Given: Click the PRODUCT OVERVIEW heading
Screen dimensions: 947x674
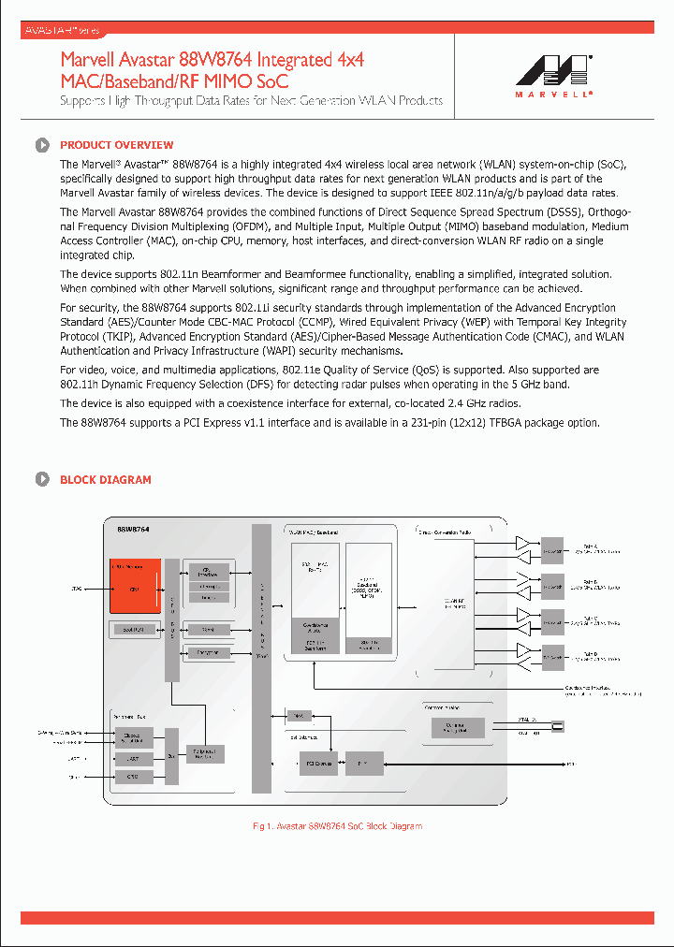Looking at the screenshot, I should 116,145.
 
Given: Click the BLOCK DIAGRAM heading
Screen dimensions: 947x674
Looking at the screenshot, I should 105,480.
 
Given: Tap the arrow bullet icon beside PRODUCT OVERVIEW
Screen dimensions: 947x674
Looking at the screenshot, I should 42,145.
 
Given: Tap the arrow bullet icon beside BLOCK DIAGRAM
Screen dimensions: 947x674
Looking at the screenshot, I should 42,480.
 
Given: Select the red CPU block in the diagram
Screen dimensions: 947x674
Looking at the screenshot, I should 135,588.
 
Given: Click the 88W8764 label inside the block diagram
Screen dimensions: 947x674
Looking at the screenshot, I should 133,530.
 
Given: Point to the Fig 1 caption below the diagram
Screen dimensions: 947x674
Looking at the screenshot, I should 337,826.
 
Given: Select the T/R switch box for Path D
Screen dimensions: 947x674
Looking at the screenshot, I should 553,656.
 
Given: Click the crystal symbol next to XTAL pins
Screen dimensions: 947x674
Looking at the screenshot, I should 558,725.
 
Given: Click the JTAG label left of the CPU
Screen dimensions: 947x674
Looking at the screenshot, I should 77,589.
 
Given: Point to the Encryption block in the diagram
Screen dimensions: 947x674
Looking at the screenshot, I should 209,651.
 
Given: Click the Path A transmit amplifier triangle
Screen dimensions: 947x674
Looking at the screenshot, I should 522,543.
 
